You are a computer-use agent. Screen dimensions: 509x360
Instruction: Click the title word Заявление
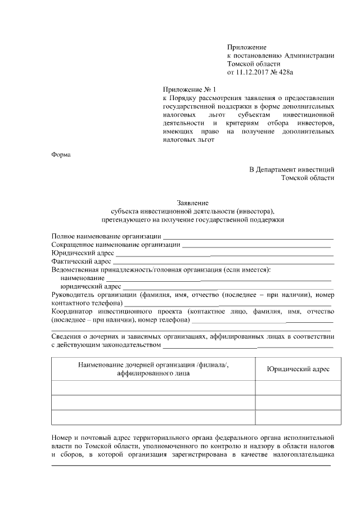[x=193, y=202]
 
